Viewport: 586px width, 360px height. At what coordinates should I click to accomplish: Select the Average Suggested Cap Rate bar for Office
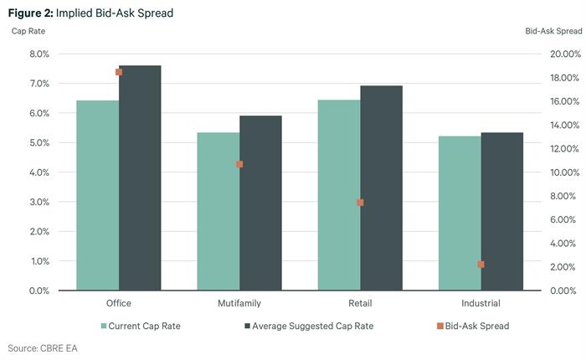[x=140, y=177]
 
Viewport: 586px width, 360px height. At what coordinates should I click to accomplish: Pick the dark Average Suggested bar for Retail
[x=381, y=188]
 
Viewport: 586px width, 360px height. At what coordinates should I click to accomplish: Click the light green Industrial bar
[x=460, y=213]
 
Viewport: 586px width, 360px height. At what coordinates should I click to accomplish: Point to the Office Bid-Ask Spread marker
[x=119, y=72]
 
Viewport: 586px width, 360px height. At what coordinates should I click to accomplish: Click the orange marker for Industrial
[x=481, y=265]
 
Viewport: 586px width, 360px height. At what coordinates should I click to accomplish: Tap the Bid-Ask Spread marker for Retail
[x=360, y=203]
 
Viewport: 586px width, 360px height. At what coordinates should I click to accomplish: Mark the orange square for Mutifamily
[x=239, y=164]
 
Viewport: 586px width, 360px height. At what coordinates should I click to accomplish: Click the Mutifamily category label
[x=239, y=303]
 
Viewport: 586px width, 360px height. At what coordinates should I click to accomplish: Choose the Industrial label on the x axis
[x=481, y=303]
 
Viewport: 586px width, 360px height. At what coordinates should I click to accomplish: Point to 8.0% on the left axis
[x=39, y=54]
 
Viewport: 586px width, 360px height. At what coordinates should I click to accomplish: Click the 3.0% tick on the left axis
[x=39, y=202]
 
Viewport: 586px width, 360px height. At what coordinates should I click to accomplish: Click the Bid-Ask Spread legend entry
[x=476, y=326]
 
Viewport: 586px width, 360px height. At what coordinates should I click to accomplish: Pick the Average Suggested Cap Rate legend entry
[x=312, y=326]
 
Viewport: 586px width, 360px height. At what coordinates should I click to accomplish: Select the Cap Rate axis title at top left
[x=28, y=31]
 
